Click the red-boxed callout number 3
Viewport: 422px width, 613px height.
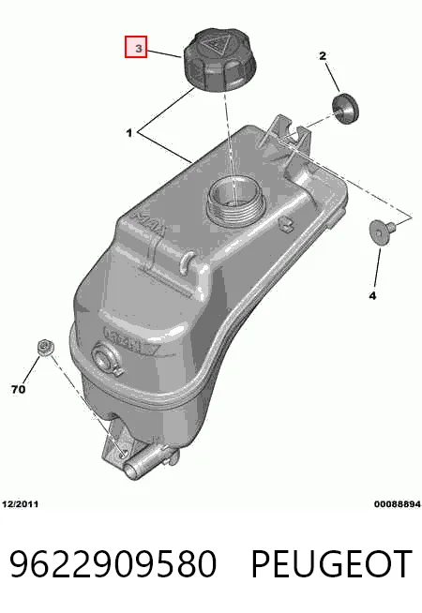(136, 47)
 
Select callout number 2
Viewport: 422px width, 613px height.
(323, 56)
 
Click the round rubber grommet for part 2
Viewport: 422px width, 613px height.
(345, 109)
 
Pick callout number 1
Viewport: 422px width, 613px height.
(129, 133)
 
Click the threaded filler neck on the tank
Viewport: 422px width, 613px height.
(235, 202)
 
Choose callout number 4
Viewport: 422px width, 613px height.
(372, 295)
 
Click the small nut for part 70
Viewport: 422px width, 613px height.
(45, 348)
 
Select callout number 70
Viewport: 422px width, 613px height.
(19, 389)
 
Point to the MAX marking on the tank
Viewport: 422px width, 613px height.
(150, 226)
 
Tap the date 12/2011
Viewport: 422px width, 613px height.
(21, 504)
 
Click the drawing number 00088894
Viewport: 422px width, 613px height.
(397, 504)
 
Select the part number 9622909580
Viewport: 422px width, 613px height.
(113, 563)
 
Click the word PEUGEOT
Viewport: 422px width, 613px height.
(332, 563)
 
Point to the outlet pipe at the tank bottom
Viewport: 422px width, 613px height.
(147, 463)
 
